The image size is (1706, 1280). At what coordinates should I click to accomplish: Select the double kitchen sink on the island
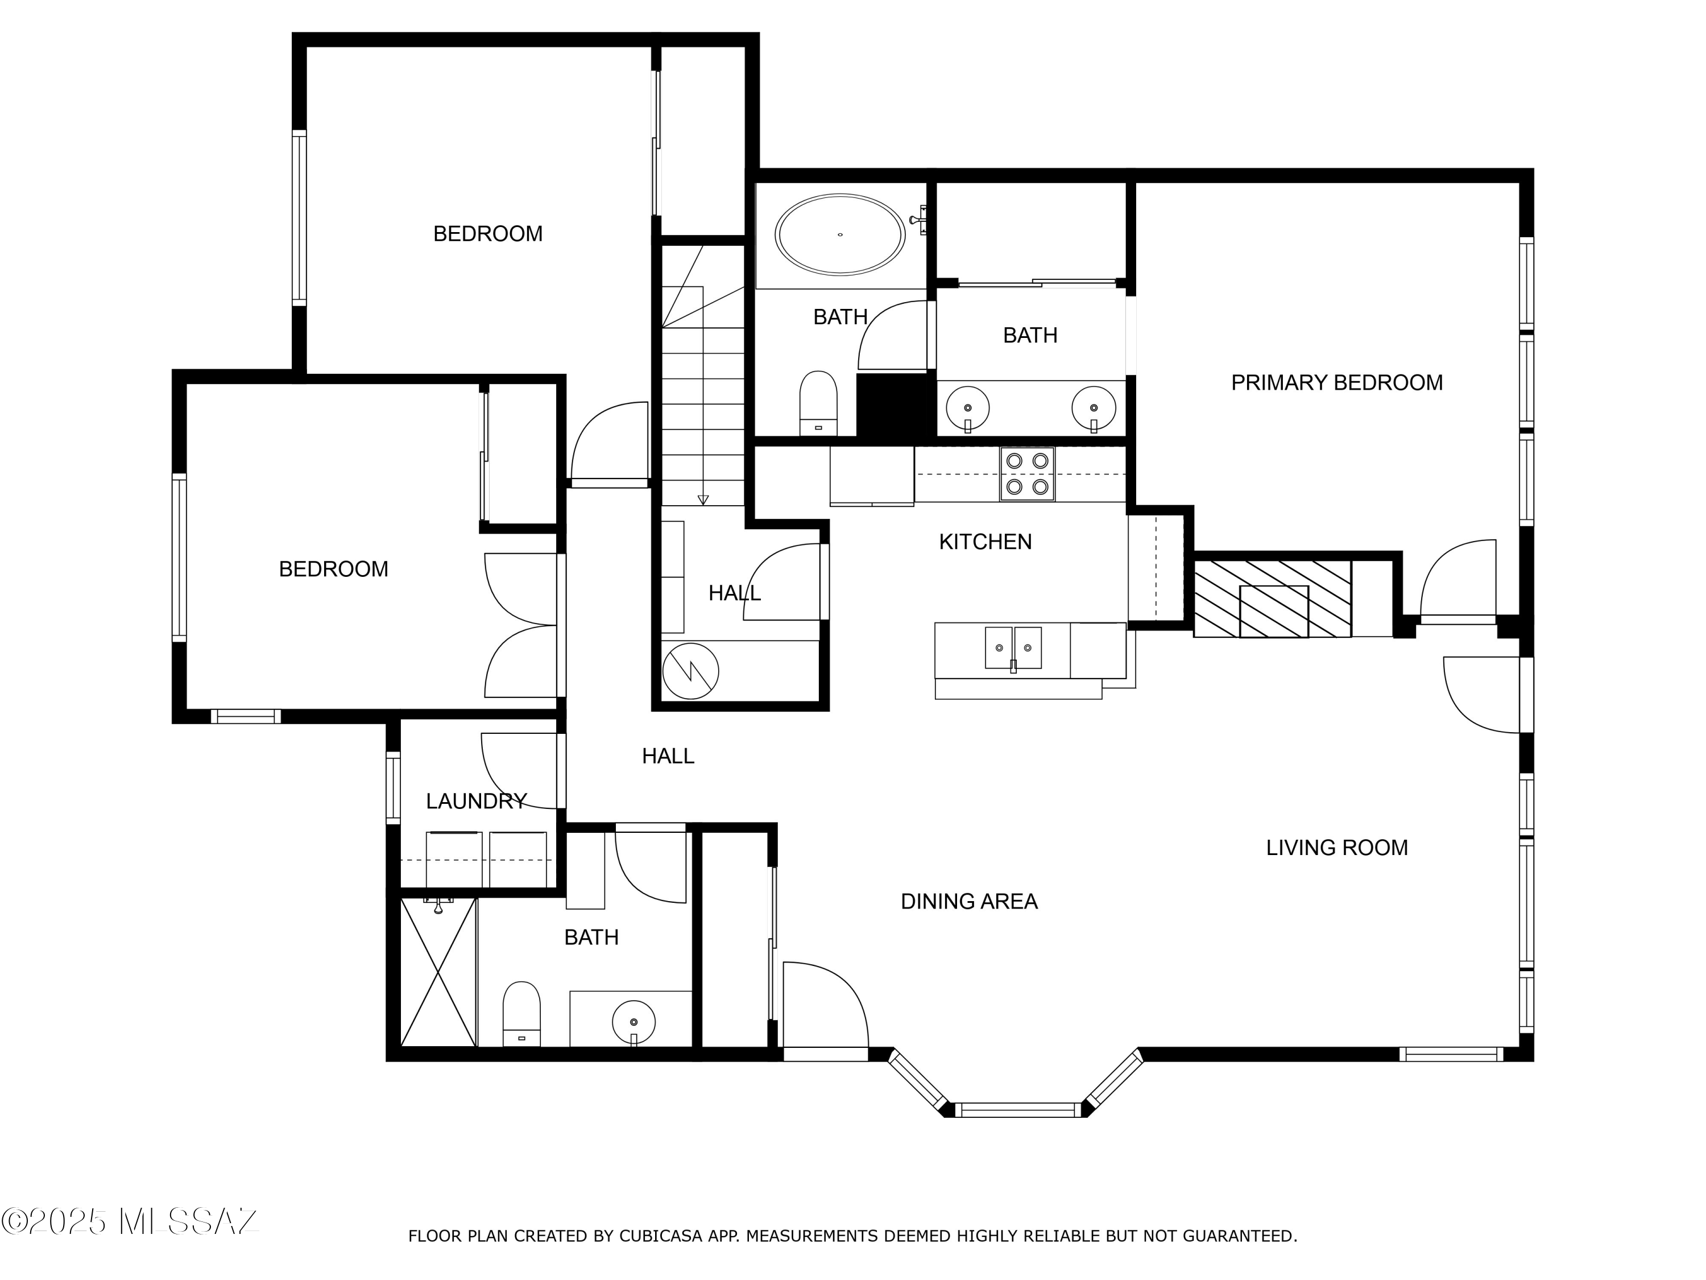click(x=1013, y=648)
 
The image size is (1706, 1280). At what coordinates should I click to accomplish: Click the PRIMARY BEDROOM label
click(x=1336, y=383)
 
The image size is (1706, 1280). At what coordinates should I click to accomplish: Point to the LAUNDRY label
click(x=476, y=801)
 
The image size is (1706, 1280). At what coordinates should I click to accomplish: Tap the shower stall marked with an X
click(x=438, y=972)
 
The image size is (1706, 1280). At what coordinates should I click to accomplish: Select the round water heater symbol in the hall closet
click(x=690, y=671)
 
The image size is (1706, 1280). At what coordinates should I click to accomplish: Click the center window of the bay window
click(x=1017, y=1110)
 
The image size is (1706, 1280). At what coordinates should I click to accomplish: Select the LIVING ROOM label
click(x=1336, y=848)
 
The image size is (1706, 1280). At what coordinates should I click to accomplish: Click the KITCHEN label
click(x=985, y=542)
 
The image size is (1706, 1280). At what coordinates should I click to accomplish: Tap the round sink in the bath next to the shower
click(x=633, y=1022)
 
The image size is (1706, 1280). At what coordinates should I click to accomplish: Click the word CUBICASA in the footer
click(x=661, y=1236)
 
